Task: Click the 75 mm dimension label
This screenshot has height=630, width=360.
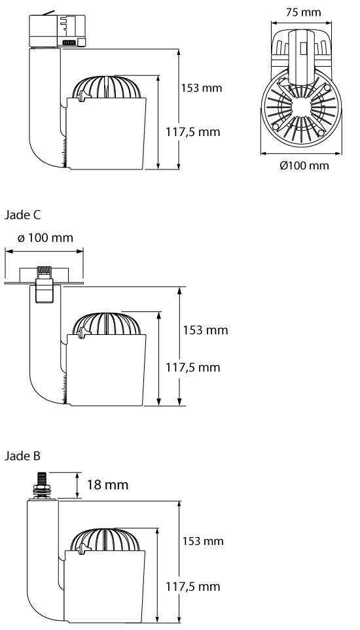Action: coord(303,12)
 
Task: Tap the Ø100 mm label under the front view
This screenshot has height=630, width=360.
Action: coord(304,165)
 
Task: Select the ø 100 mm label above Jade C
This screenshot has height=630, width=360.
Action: coord(45,238)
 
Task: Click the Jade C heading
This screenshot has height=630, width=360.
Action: coord(22,215)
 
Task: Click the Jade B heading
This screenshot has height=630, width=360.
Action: coord(22,456)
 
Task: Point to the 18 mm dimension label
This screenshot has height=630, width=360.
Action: coord(108,485)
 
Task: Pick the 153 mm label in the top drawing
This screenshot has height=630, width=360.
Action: coord(202,88)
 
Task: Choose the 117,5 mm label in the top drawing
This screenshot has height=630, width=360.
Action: coord(193,131)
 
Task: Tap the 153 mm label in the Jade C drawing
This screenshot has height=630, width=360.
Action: coord(206,330)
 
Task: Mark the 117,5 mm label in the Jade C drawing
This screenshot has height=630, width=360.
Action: coord(193,367)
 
